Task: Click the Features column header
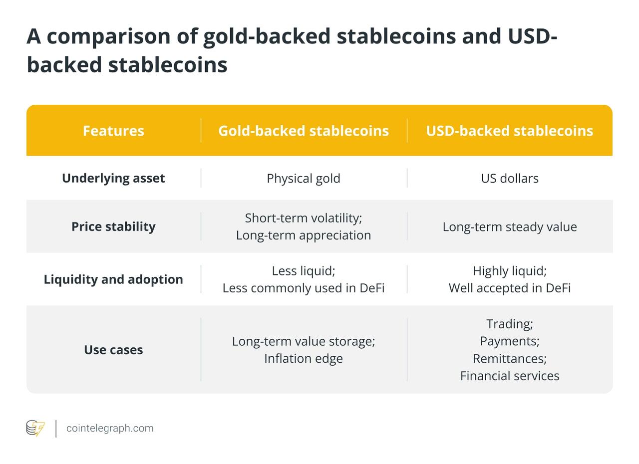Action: pyautogui.click(x=113, y=131)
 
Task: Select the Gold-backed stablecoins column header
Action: pyautogui.click(x=304, y=131)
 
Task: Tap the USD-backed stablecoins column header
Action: pyautogui.click(x=510, y=131)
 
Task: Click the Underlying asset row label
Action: pyautogui.click(x=113, y=179)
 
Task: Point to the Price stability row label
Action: pyautogui.click(x=113, y=227)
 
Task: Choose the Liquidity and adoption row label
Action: pyautogui.click(x=113, y=279)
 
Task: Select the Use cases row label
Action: pyautogui.click(x=113, y=350)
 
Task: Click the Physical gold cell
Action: pyautogui.click(x=304, y=179)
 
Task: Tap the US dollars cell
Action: pyautogui.click(x=510, y=179)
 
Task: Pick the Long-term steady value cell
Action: pyautogui.click(x=510, y=227)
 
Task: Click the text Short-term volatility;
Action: pyautogui.click(x=304, y=219)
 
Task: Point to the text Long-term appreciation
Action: pyautogui.click(x=304, y=235)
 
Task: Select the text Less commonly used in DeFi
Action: pyautogui.click(x=304, y=288)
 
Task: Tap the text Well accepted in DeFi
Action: pyautogui.click(x=510, y=288)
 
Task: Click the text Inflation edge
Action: pyautogui.click(x=304, y=359)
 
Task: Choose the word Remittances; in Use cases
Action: pyautogui.click(x=510, y=359)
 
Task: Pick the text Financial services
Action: pyautogui.click(x=510, y=376)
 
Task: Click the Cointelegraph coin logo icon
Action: pyautogui.click(x=35, y=428)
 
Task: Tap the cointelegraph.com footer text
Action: pyautogui.click(x=110, y=429)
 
